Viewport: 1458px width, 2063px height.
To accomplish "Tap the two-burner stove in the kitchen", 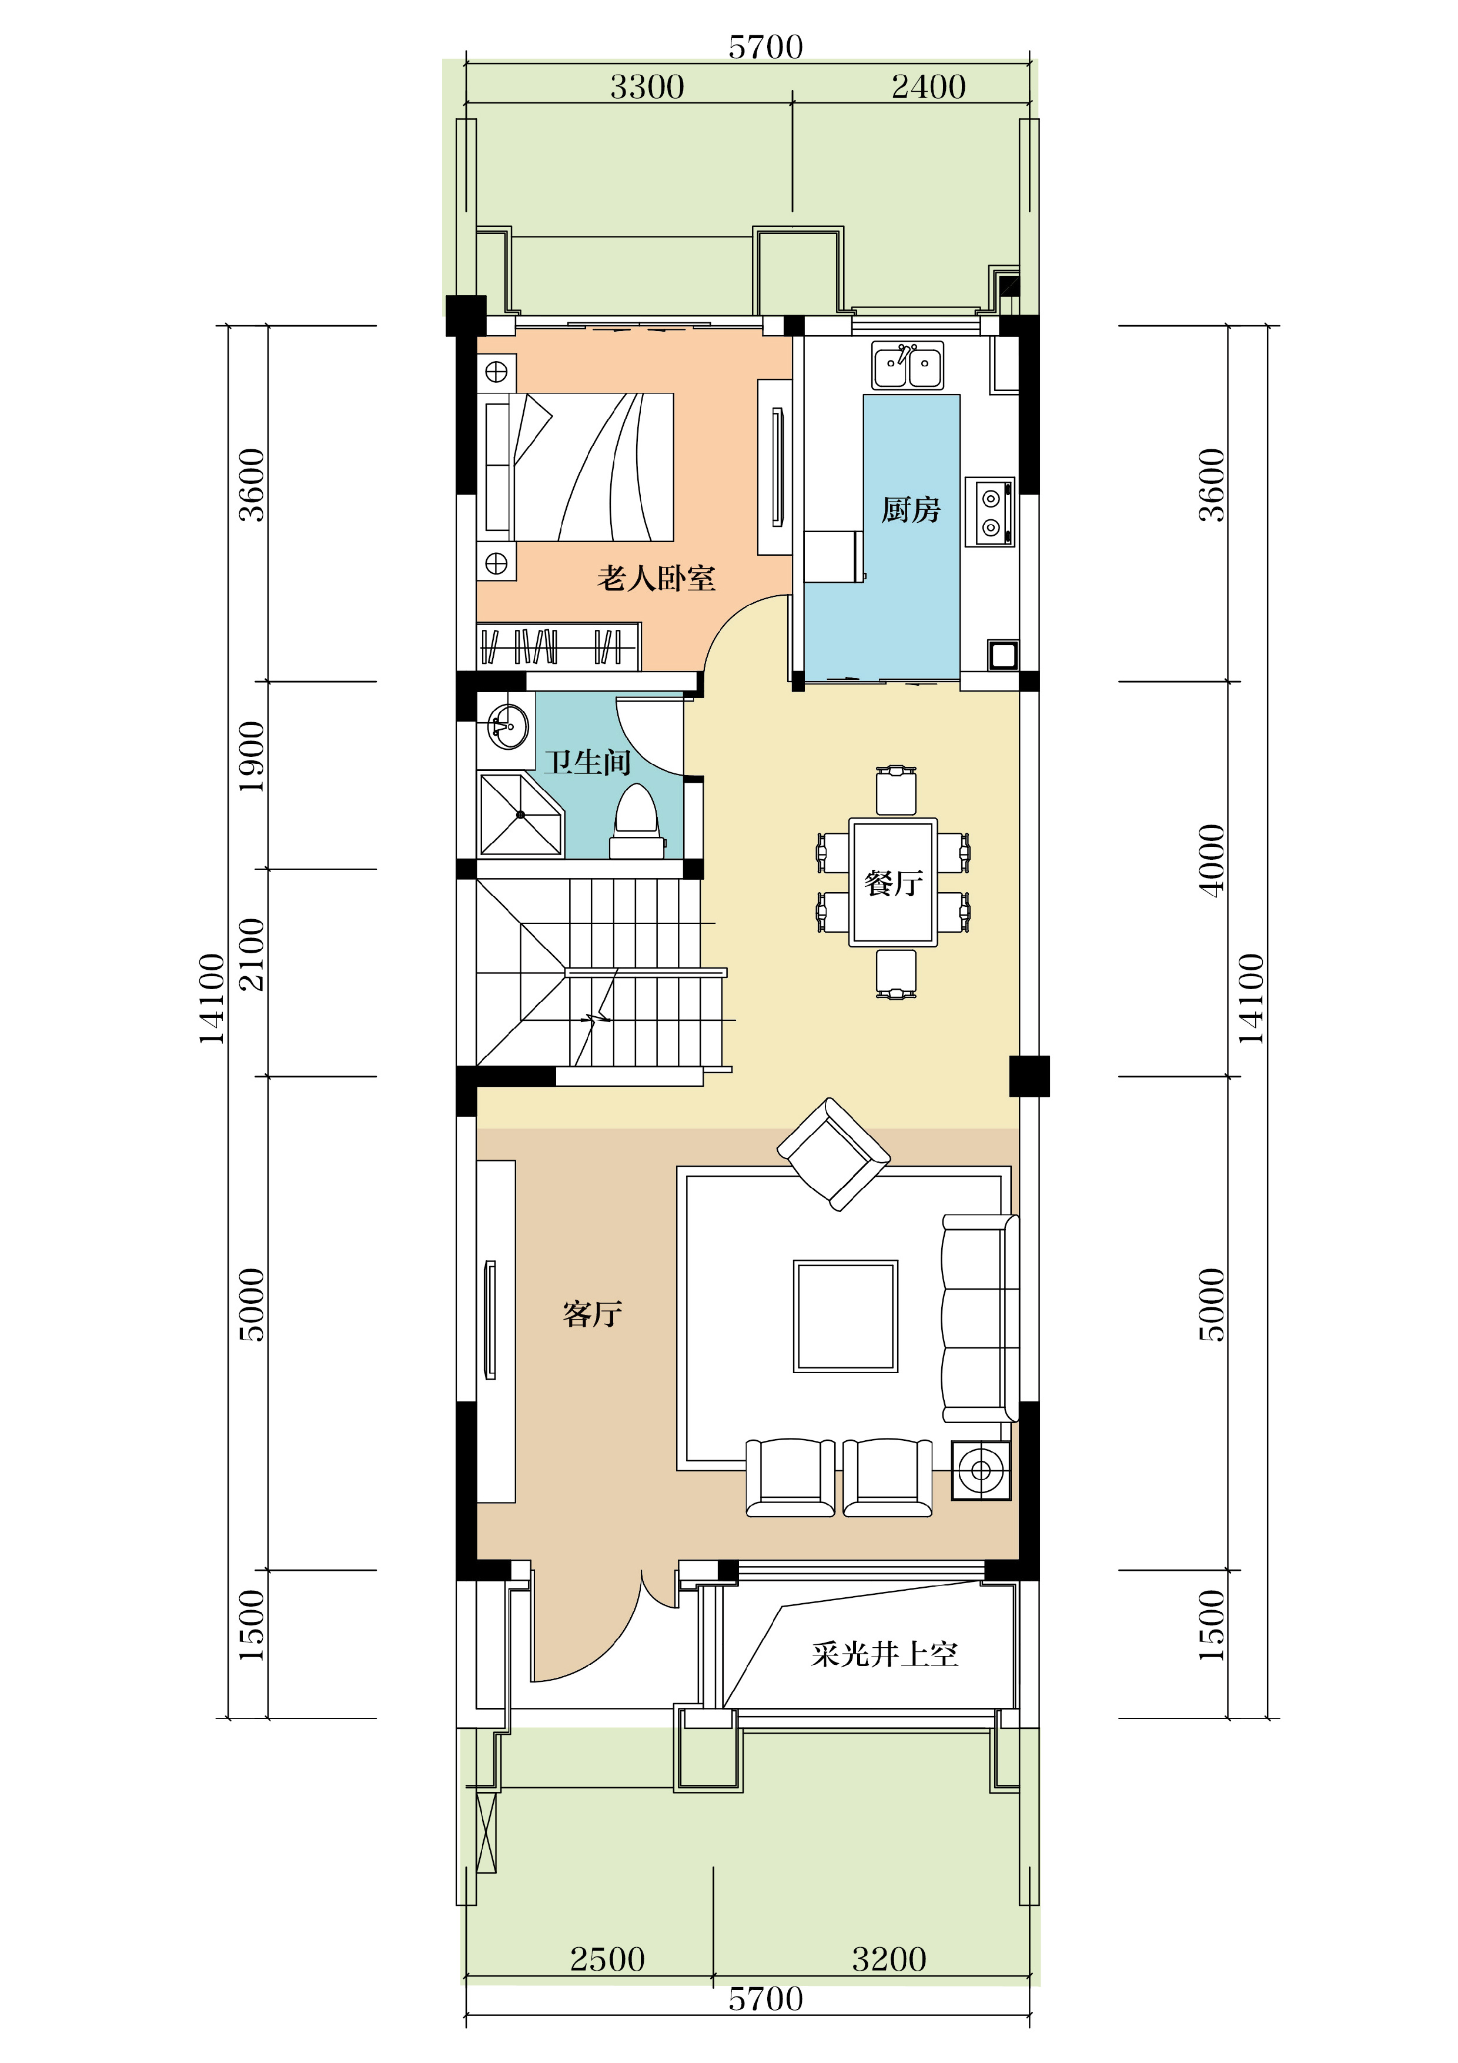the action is click(990, 512).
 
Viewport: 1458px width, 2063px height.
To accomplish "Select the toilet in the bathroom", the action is click(636, 822).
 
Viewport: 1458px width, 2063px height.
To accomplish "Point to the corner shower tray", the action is click(520, 814).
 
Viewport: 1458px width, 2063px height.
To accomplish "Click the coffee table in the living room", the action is click(845, 1316).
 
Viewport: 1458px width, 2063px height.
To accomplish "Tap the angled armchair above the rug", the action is click(834, 1154).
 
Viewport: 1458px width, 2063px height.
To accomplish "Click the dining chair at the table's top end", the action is click(895, 791).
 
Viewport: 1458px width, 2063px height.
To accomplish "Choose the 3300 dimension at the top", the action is click(647, 87).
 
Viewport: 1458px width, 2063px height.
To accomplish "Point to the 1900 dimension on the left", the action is click(252, 756).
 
